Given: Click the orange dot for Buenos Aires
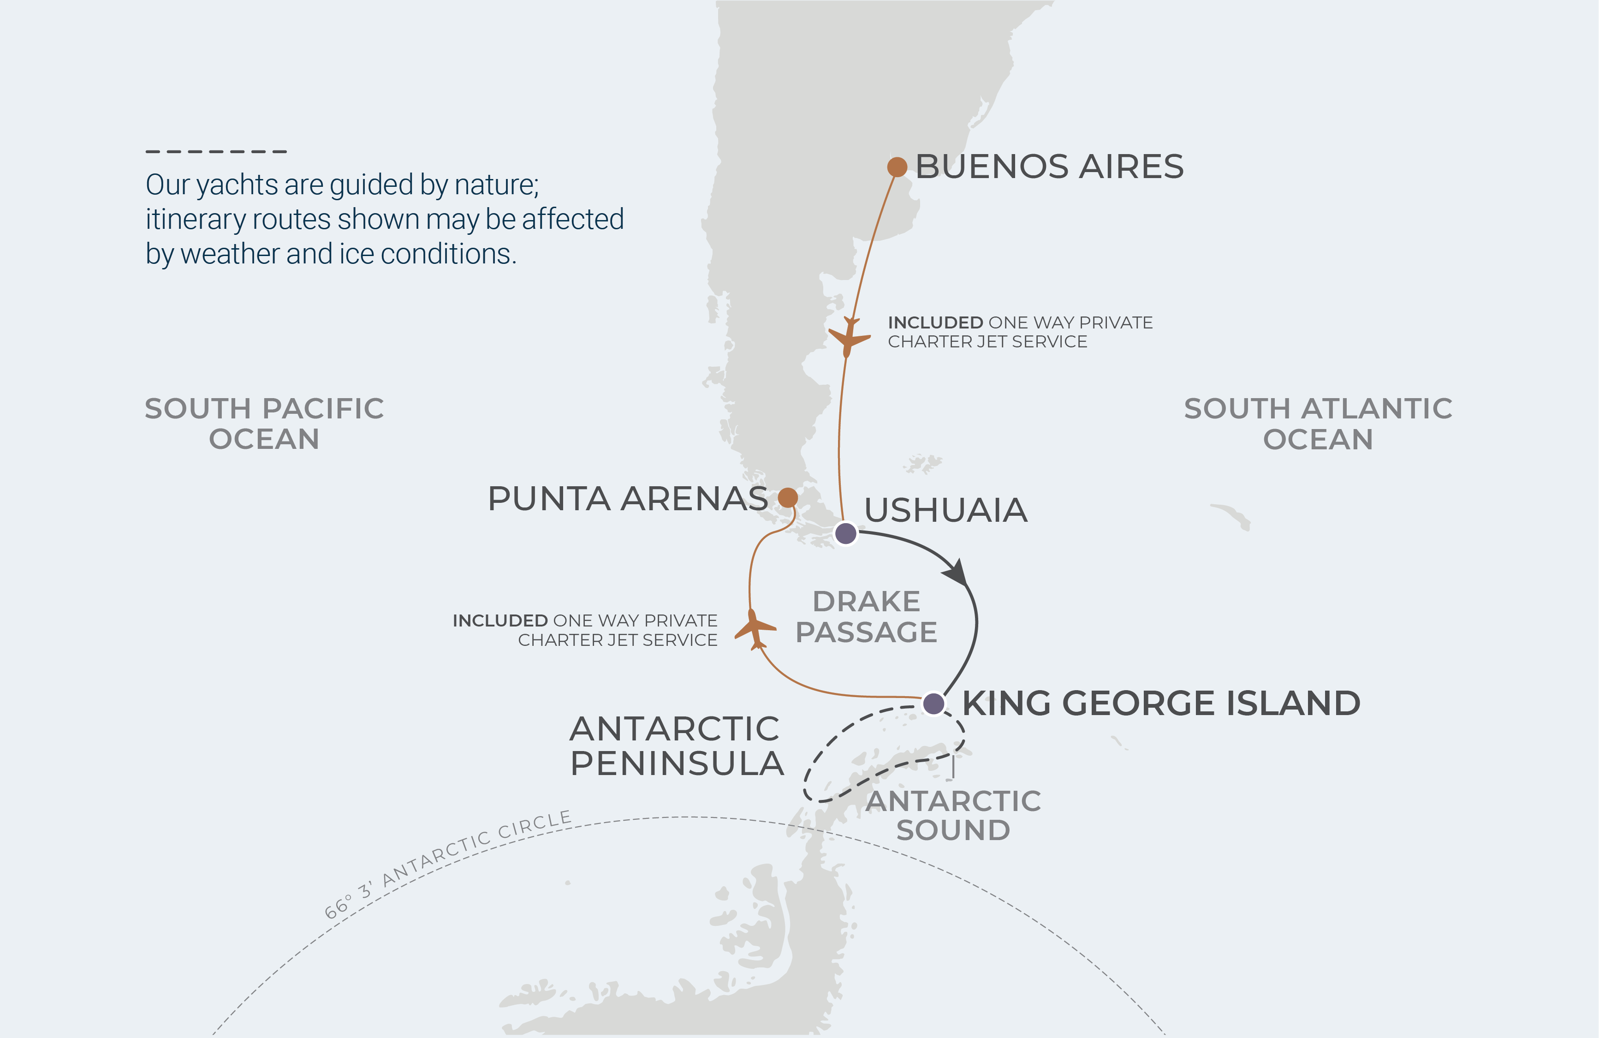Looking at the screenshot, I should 897,167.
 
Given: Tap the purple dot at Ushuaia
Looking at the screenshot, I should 845,533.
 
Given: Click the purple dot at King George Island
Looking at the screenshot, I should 933,704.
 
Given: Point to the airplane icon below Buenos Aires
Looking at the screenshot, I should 849,337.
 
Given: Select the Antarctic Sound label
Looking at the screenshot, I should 953,816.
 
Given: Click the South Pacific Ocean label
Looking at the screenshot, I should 264,423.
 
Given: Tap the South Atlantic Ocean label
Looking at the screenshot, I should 1318,423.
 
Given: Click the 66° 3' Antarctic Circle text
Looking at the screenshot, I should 447,863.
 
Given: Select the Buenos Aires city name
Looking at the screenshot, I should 1049,167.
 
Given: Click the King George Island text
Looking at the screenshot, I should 1161,704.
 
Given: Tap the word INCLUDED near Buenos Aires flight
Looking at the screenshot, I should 935,322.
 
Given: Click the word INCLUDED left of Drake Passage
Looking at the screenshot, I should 500,621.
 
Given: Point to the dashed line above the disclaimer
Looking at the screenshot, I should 216,152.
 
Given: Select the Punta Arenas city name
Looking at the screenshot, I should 628,499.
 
